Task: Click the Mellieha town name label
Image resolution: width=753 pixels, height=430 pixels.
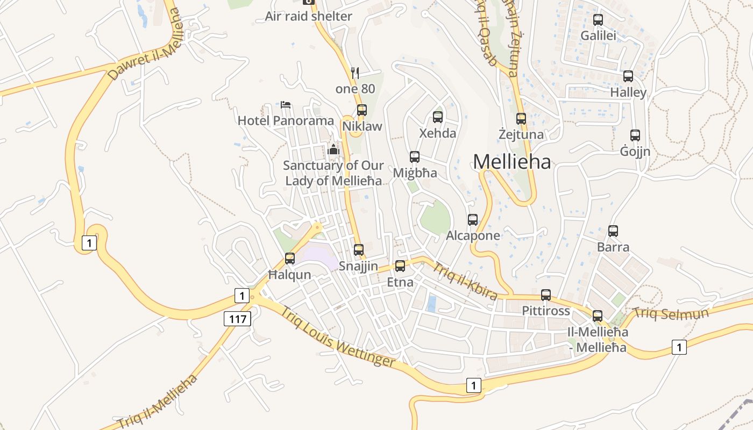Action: (512, 161)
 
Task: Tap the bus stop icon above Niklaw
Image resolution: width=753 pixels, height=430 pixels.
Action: (362, 110)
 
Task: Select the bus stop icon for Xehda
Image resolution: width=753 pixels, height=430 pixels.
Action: (438, 117)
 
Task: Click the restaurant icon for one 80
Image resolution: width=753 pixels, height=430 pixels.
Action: (354, 73)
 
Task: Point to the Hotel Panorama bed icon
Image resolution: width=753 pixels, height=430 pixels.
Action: (286, 104)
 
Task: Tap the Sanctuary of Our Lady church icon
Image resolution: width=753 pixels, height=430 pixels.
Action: (333, 149)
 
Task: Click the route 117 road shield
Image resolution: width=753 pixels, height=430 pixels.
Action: (237, 319)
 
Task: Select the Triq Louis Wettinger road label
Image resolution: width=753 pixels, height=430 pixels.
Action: (338, 338)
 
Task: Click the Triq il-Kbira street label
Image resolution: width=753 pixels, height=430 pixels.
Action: (465, 281)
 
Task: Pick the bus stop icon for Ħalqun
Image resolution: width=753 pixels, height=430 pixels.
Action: (290, 259)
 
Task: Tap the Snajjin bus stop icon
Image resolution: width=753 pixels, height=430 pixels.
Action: (359, 250)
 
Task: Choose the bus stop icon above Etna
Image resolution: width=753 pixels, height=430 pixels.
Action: (400, 266)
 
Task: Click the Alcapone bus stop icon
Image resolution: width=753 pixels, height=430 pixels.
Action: (473, 219)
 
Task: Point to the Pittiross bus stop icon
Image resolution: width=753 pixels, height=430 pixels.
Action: (546, 295)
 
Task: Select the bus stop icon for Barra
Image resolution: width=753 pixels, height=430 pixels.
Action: (613, 231)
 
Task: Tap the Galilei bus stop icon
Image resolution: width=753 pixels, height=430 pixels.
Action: (598, 20)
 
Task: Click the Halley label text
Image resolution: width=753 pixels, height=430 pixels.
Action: (628, 92)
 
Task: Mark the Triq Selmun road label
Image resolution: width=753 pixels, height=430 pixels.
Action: (671, 313)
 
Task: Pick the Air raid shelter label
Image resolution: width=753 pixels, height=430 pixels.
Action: (308, 16)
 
